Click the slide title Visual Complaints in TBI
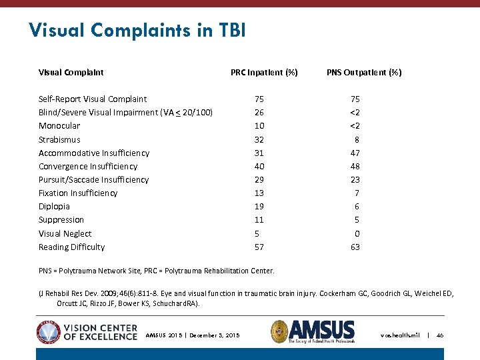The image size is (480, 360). tap(137, 30)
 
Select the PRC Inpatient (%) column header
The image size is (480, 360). tap(264, 72)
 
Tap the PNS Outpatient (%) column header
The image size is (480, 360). tap(364, 72)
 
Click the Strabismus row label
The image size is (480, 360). tap(59, 139)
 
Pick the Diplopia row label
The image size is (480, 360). tap(54, 207)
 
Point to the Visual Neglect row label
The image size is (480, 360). tap(65, 233)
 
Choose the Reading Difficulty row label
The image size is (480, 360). tap(71, 247)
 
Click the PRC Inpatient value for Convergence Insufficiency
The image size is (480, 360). tap(259, 166)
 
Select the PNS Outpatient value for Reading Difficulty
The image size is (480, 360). tap(355, 247)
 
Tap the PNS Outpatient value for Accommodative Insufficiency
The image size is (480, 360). tap(355, 153)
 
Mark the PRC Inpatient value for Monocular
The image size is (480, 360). tap(259, 126)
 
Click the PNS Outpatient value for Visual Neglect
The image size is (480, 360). tap(357, 233)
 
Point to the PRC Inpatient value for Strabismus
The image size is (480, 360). tap(259, 139)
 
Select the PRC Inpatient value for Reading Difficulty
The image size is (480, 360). tap(259, 247)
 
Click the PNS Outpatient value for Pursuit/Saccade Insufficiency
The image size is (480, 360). tap(355, 179)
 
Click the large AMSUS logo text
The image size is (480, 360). tap(321, 329)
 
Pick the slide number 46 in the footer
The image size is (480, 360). tap(440, 335)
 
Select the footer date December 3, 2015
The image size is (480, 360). tap(214, 335)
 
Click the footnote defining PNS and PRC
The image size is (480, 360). tap(156, 270)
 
